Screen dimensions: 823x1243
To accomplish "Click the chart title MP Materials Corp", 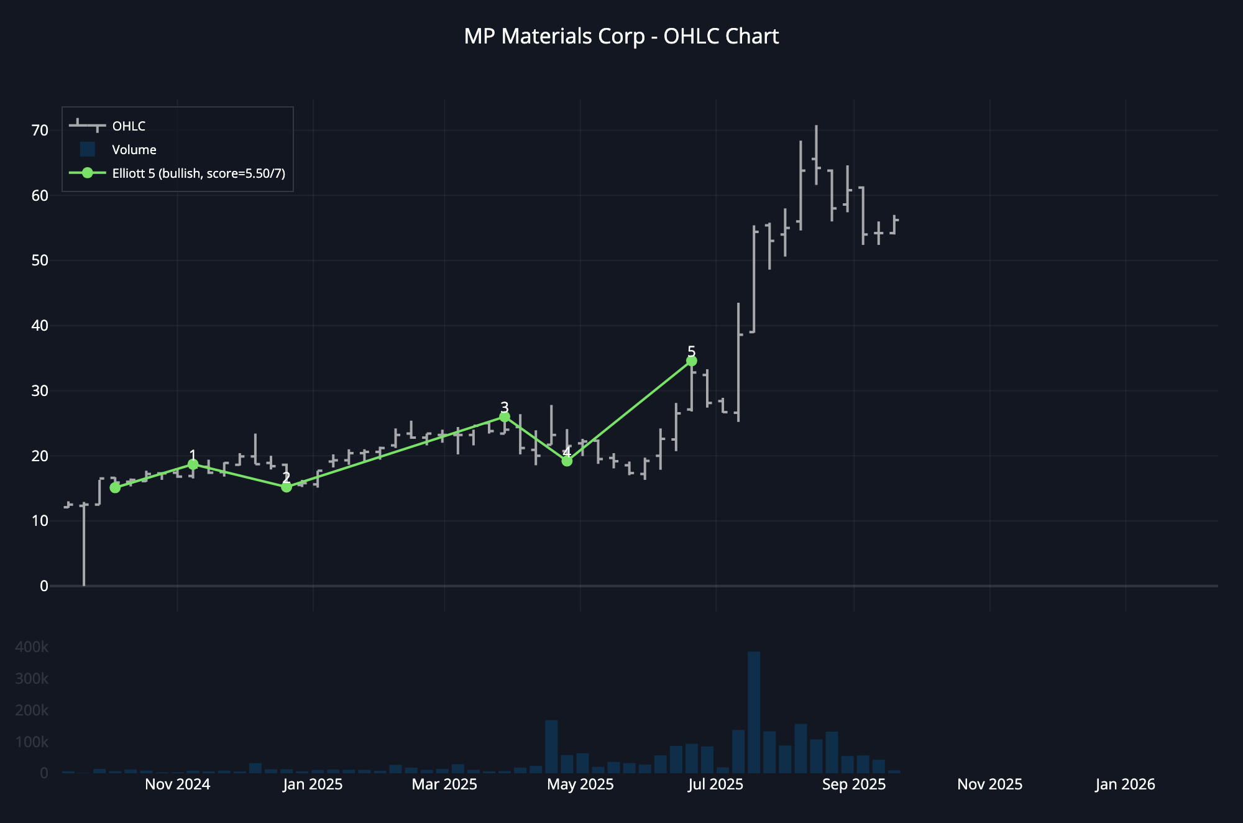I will [621, 37].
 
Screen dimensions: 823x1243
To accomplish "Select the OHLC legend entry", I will [129, 126].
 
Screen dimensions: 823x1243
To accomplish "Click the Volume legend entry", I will [134, 150].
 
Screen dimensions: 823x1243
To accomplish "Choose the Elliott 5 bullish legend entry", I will [198, 173].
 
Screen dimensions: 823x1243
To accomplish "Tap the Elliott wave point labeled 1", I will [193, 464].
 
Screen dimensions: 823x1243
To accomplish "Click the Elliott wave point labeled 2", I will [287, 487].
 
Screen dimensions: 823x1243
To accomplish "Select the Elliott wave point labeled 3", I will [505, 416].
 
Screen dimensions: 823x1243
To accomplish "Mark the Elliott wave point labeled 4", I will [567, 461].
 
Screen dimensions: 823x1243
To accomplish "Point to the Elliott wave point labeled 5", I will [692, 361].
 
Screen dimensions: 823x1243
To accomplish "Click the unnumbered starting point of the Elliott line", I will [115, 488].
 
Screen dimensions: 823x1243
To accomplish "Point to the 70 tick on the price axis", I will [40, 131].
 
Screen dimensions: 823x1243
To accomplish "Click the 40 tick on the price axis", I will [40, 326].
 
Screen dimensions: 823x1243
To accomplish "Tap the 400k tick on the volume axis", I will [32, 647].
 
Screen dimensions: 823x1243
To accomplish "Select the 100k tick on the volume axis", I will [32, 742].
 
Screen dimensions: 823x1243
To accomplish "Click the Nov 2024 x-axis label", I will [177, 784].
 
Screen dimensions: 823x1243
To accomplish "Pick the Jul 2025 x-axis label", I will [715, 784].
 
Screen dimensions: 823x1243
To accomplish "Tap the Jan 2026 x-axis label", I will [1125, 784].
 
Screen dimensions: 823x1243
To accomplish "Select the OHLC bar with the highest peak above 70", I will [816, 155].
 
